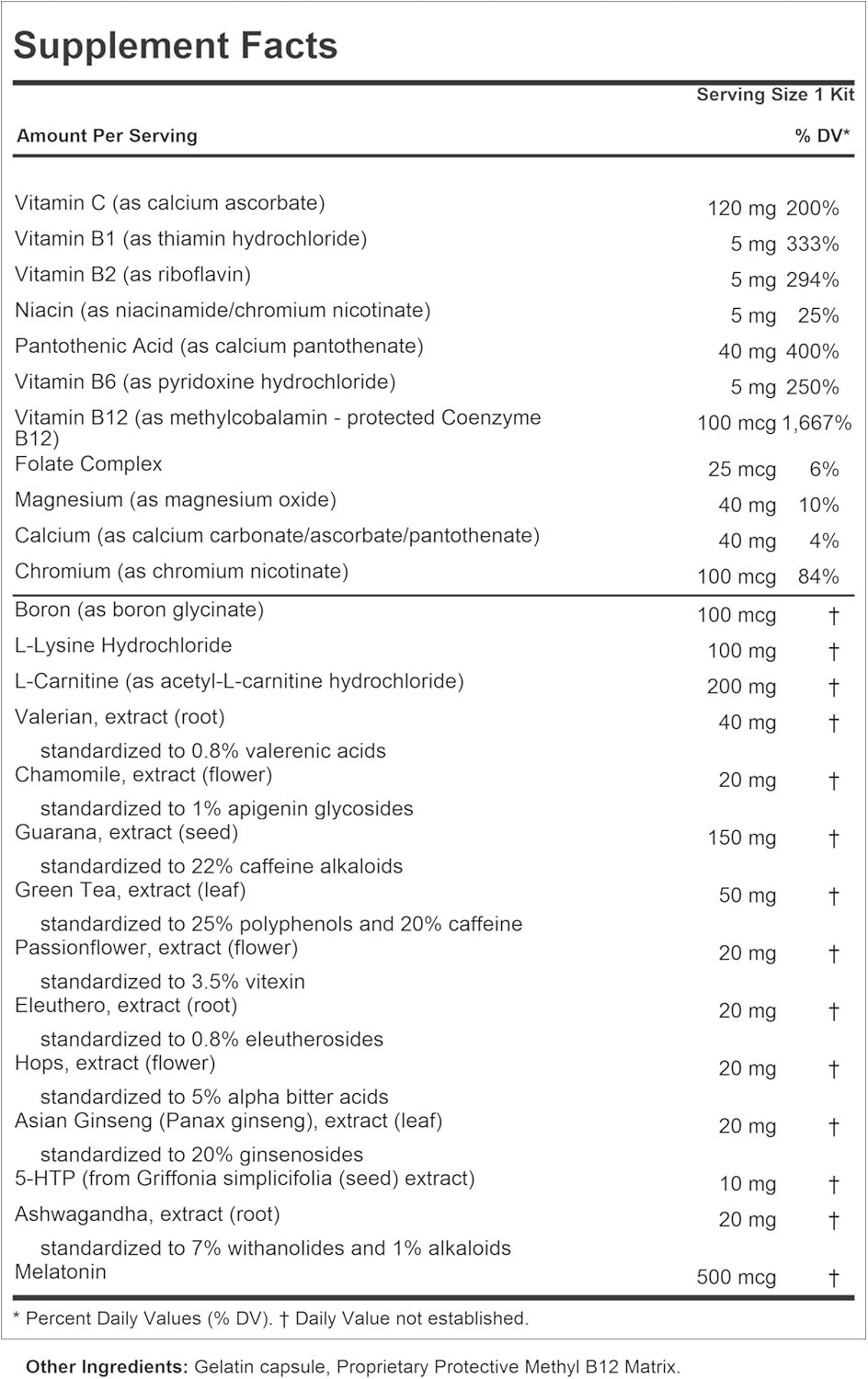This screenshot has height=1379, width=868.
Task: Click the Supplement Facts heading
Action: tap(176, 45)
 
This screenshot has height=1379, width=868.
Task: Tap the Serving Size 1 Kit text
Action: tap(774, 95)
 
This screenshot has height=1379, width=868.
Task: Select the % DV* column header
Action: tap(822, 136)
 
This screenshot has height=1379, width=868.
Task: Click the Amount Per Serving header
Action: tap(107, 136)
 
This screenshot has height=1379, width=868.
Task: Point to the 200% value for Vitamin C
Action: tap(812, 209)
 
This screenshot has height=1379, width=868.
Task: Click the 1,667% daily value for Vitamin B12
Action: tap(817, 424)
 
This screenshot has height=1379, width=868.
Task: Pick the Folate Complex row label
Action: tap(88, 464)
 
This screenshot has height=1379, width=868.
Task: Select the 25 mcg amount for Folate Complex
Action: tap(741, 470)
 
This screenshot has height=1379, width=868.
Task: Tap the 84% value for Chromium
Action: tap(818, 577)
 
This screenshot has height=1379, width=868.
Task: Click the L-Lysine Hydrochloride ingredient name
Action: tap(123, 645)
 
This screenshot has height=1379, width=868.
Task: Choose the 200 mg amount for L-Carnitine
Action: tap(741, 687)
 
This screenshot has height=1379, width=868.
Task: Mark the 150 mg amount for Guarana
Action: tap(741, 838)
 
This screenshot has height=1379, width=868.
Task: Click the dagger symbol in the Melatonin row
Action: tap(833, 1278)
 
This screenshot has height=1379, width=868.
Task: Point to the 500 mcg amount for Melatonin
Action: tap(736, 1278)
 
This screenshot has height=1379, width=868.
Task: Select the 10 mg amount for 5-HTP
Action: tap(747, 1184)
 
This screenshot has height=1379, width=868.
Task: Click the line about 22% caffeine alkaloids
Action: tap(221, 866)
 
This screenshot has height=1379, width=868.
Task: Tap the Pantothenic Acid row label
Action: tap(219, 347)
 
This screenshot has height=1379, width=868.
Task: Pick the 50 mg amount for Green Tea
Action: tap(747, 895)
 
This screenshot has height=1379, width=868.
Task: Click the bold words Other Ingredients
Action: tap(107, 1367)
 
